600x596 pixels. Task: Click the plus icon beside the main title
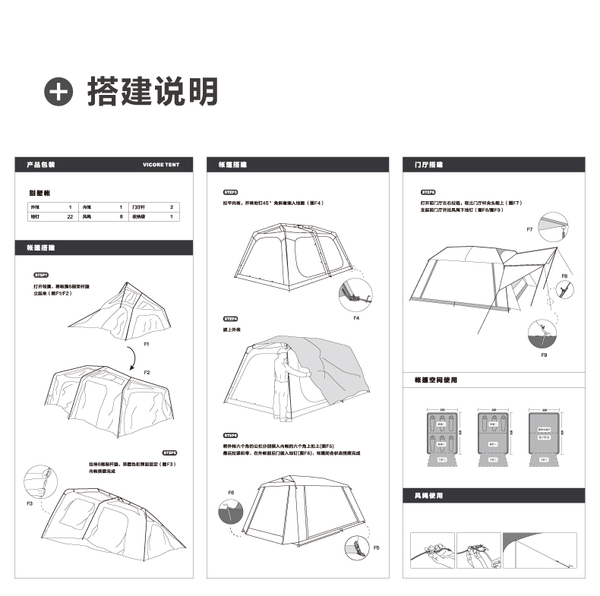tap(60, 91)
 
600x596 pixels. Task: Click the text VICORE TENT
tap(161, 164)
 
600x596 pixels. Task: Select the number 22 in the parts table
tap(70, 217)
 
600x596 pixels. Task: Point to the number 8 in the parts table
tap(121, 217)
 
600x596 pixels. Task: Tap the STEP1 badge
tap(41, 274)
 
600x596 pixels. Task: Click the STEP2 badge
tap(169, 452)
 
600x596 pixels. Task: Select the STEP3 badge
tap(230, 193)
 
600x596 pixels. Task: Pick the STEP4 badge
tap(230, 318)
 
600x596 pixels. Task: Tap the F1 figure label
tap(147, 345)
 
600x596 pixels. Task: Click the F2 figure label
tap(147, 373)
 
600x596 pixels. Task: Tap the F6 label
tap(231, 493)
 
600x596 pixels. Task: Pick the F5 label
tap(376, 547)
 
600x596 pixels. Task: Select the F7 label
tap(529, 229)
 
